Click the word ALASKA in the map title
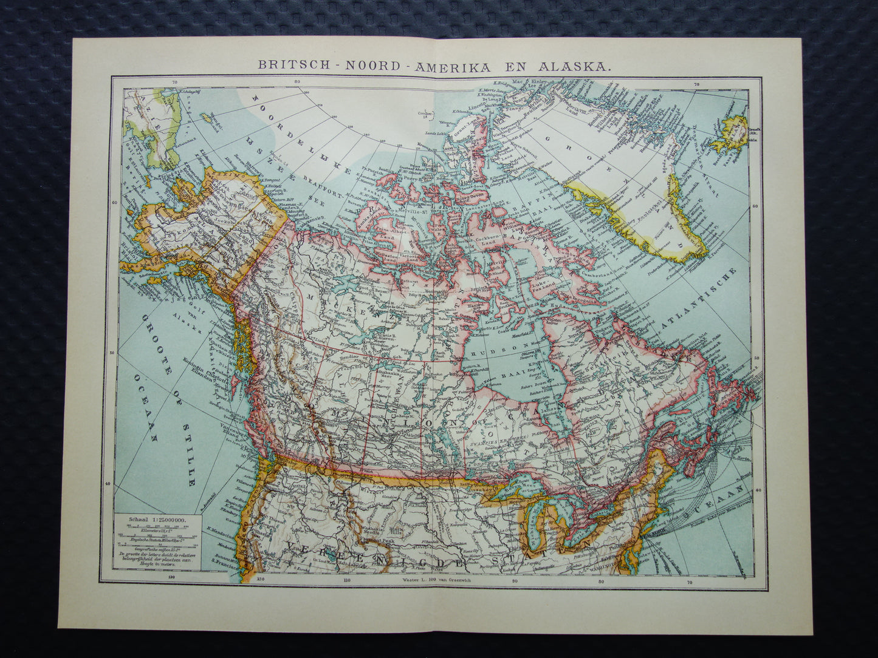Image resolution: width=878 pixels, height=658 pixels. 571,66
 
